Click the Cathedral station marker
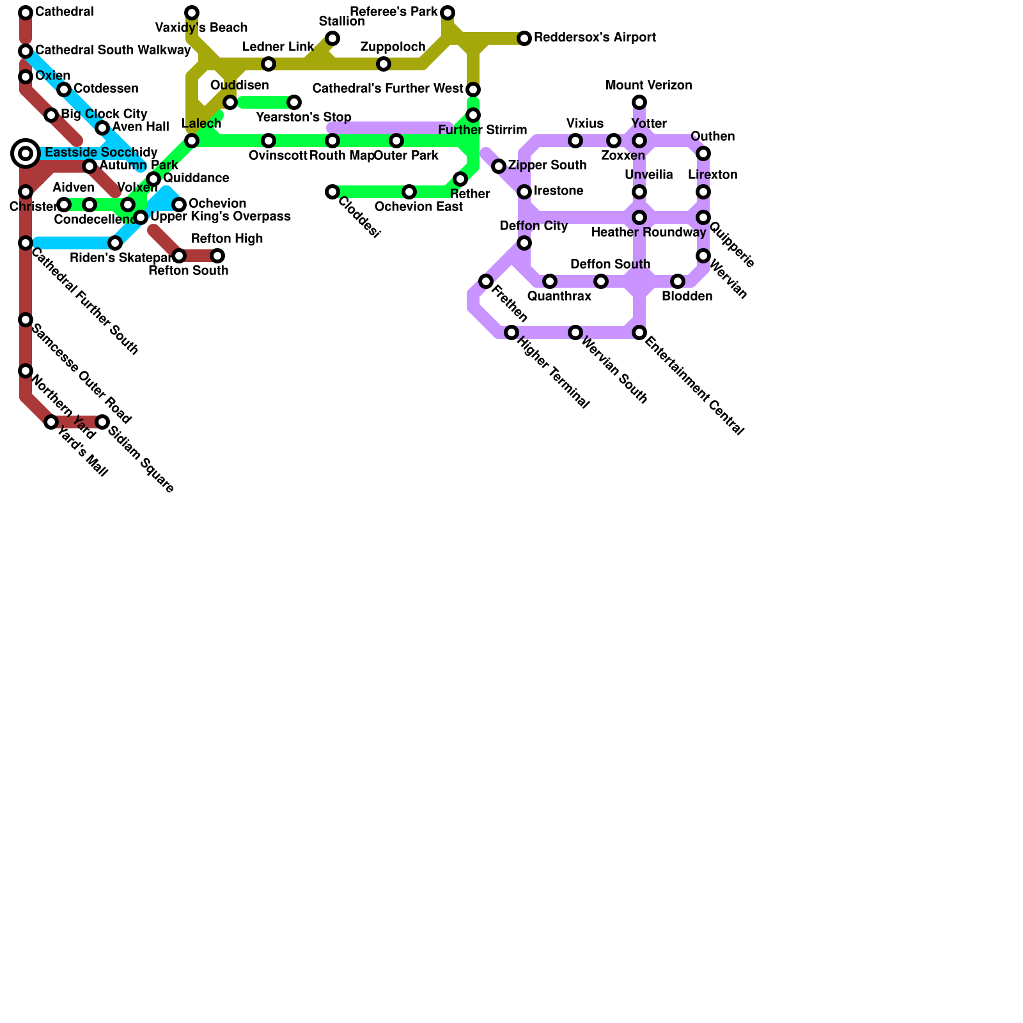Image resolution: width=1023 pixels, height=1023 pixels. pos(26,13)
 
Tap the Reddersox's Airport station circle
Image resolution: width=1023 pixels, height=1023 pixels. pos(524,38)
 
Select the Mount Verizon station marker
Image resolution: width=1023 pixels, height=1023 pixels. pos(639,102)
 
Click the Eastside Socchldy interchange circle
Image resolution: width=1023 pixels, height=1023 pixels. pos(26,153)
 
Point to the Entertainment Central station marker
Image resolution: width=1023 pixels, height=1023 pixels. pos(639,332)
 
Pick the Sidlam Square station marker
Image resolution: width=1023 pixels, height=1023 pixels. pos(102,422)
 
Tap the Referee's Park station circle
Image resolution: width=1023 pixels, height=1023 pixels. pos(448,13)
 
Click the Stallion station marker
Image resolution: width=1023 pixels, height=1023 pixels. pos(332,38)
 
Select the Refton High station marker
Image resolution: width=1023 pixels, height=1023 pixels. pos(217,256)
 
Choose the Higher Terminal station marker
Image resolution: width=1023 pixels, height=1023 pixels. pos(511,332)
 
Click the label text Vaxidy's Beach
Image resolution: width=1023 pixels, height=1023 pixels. pos(201,28)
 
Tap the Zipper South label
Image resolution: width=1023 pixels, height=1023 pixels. pos(547,166)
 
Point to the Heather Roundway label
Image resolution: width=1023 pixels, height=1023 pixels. pos(648,233)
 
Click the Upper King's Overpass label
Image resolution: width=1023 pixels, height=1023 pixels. pos(220,217)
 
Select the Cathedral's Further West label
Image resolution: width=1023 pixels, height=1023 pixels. pos(387,89)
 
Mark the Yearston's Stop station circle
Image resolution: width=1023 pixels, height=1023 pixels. pos(294,102)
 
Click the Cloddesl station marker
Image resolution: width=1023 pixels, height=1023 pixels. pos(332,192)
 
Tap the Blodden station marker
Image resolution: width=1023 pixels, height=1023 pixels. pos(678,281)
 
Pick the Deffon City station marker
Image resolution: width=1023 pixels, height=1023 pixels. pos(524,243)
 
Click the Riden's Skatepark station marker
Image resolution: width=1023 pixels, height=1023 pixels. pos(115,243)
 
